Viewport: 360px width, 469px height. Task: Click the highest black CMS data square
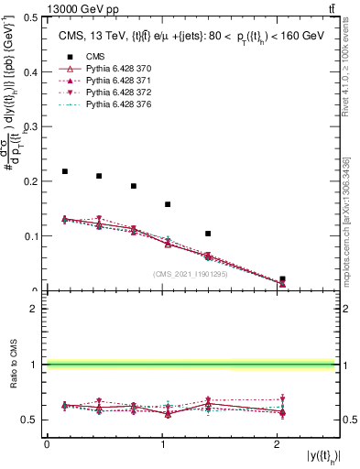click(65, 171)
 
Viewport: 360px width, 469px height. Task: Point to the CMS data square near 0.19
click(134, 186)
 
